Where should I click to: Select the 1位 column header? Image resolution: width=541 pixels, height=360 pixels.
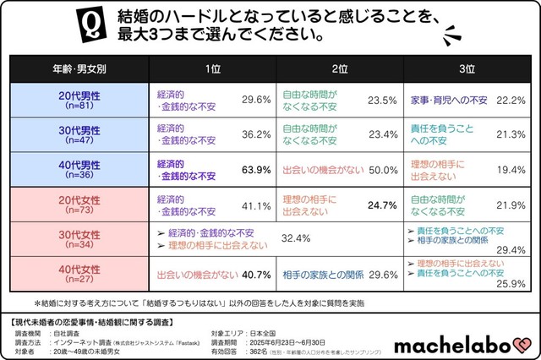[x=211, y=68]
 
